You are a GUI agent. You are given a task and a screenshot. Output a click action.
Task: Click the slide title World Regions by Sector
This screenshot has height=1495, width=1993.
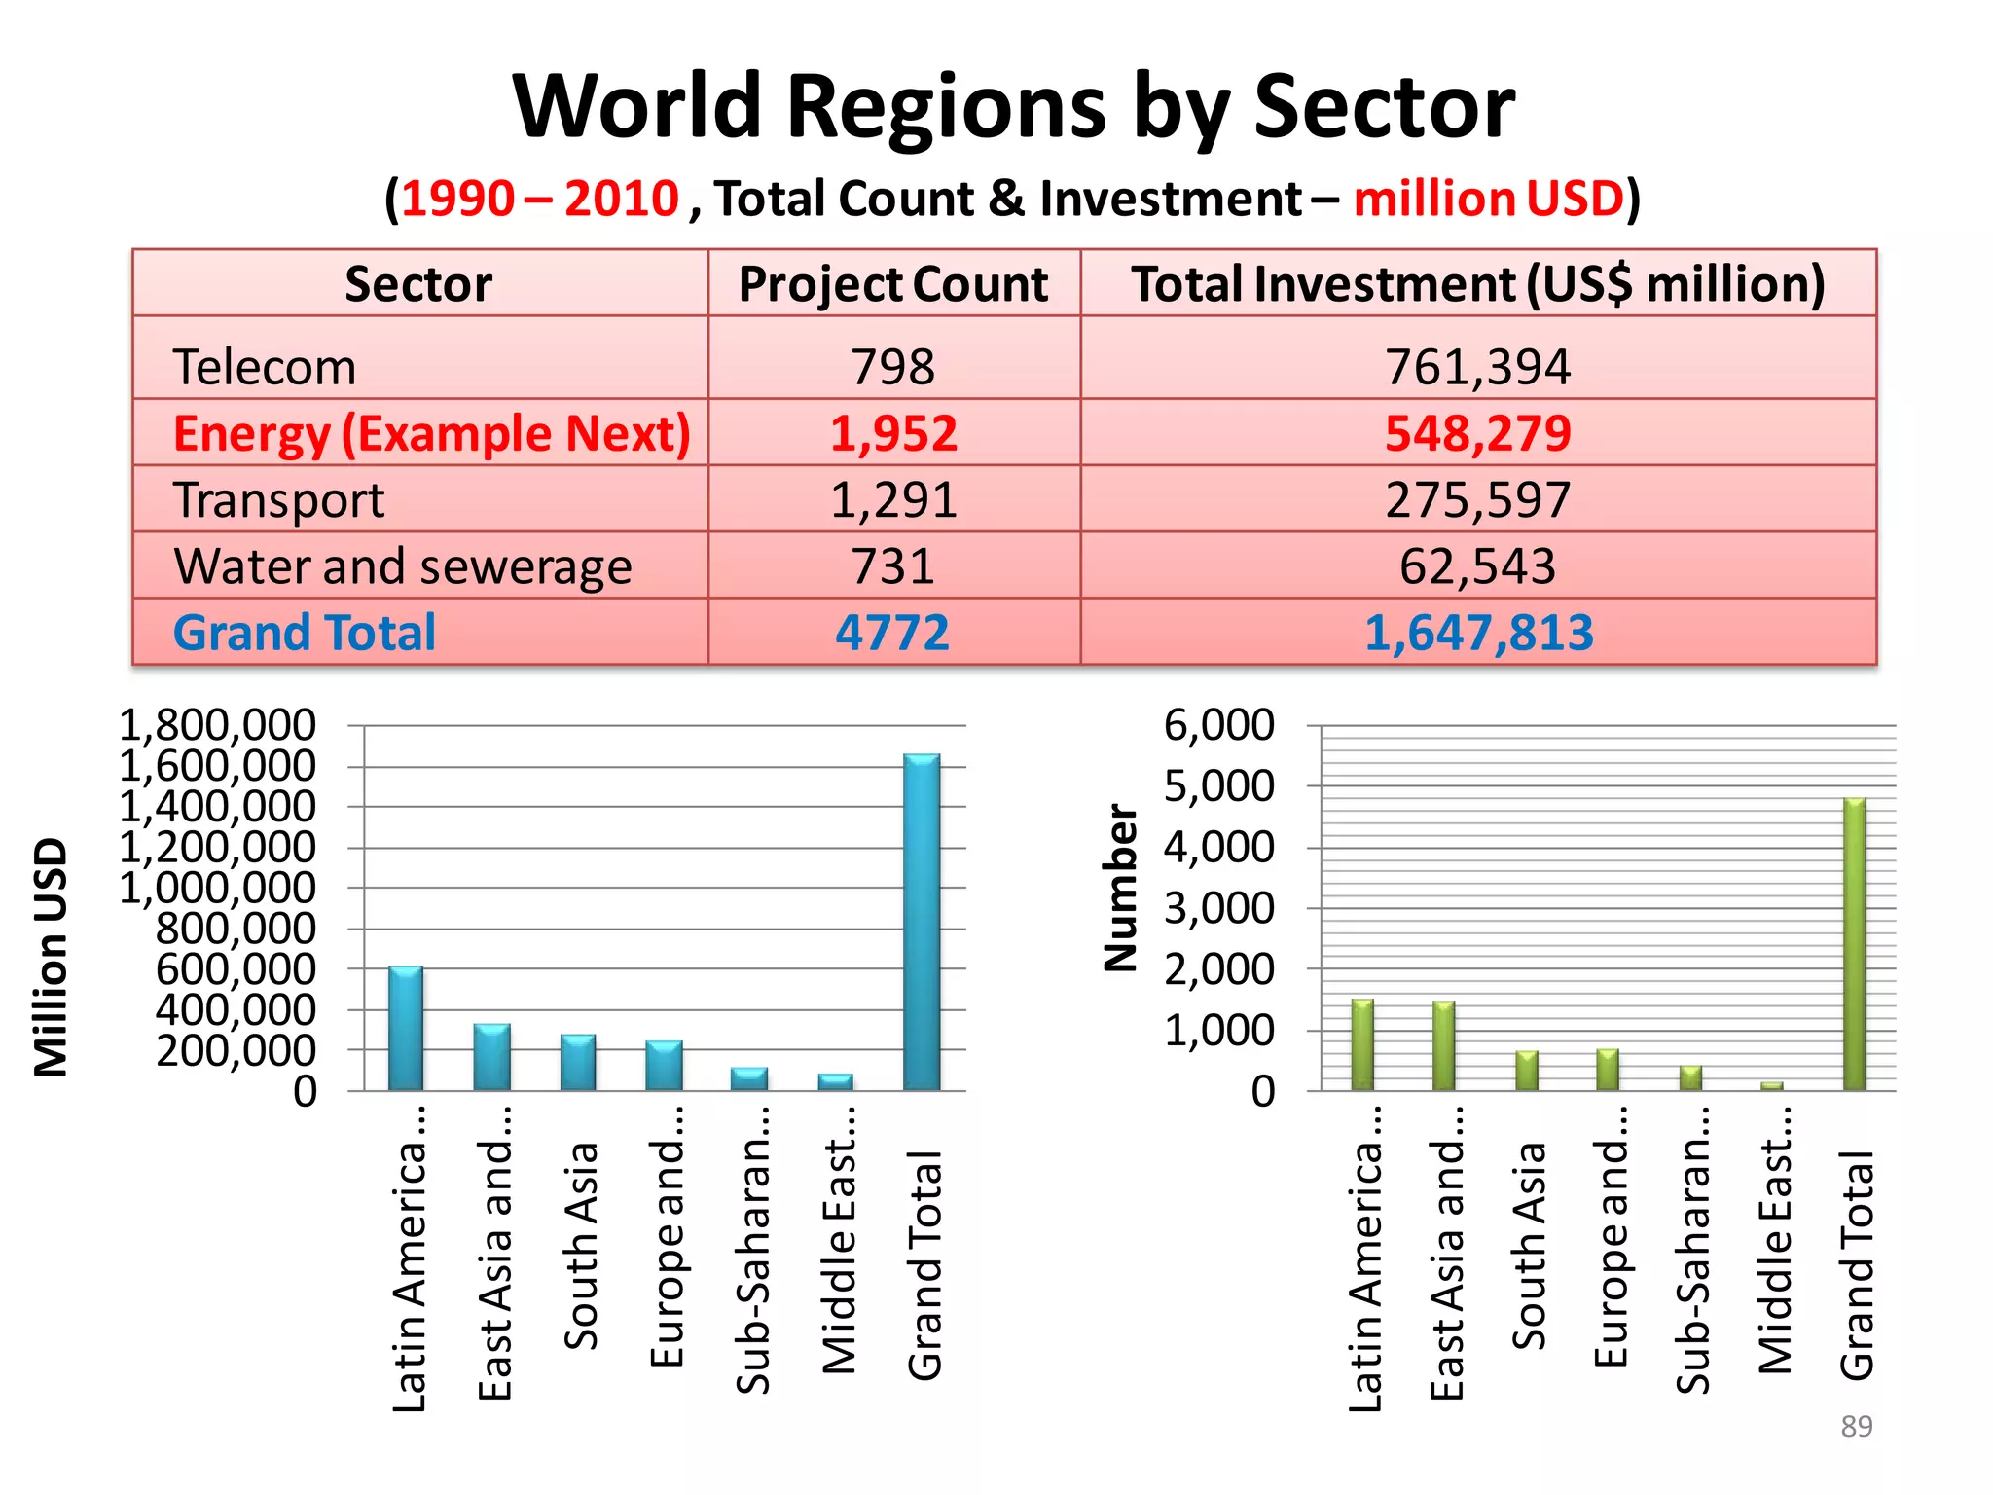pos(1012,107)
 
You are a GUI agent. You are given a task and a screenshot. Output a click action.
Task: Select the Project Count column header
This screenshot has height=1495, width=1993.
pos(893,284)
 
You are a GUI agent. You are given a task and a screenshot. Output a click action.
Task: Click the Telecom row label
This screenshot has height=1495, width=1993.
pos(265,368)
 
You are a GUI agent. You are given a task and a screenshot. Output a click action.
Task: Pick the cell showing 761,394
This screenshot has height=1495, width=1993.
pos(1477,368)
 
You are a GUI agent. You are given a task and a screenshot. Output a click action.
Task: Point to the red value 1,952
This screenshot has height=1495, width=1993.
pos(893,434)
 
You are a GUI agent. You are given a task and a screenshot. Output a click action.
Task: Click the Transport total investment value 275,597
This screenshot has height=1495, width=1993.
pos(1477,500)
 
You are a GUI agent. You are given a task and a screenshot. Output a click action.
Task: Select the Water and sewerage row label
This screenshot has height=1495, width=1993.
pos(403,566)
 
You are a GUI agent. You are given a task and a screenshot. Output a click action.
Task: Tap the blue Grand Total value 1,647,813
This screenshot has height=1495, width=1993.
pos(1477,633)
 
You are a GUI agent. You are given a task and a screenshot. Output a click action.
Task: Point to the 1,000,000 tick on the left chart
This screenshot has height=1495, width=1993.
pos(218,889)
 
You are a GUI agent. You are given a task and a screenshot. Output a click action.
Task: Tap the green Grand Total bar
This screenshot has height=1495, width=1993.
pos(1855,944)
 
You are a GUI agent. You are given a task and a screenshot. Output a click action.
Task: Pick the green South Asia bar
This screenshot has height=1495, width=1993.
pos(1527,1071)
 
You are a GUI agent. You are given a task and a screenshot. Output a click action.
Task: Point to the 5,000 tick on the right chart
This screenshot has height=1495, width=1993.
pos(1218,786)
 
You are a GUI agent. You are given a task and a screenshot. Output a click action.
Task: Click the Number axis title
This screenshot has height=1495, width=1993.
pos(1121,887)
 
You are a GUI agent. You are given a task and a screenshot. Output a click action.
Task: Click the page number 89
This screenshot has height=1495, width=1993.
pos(1856,1426)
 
